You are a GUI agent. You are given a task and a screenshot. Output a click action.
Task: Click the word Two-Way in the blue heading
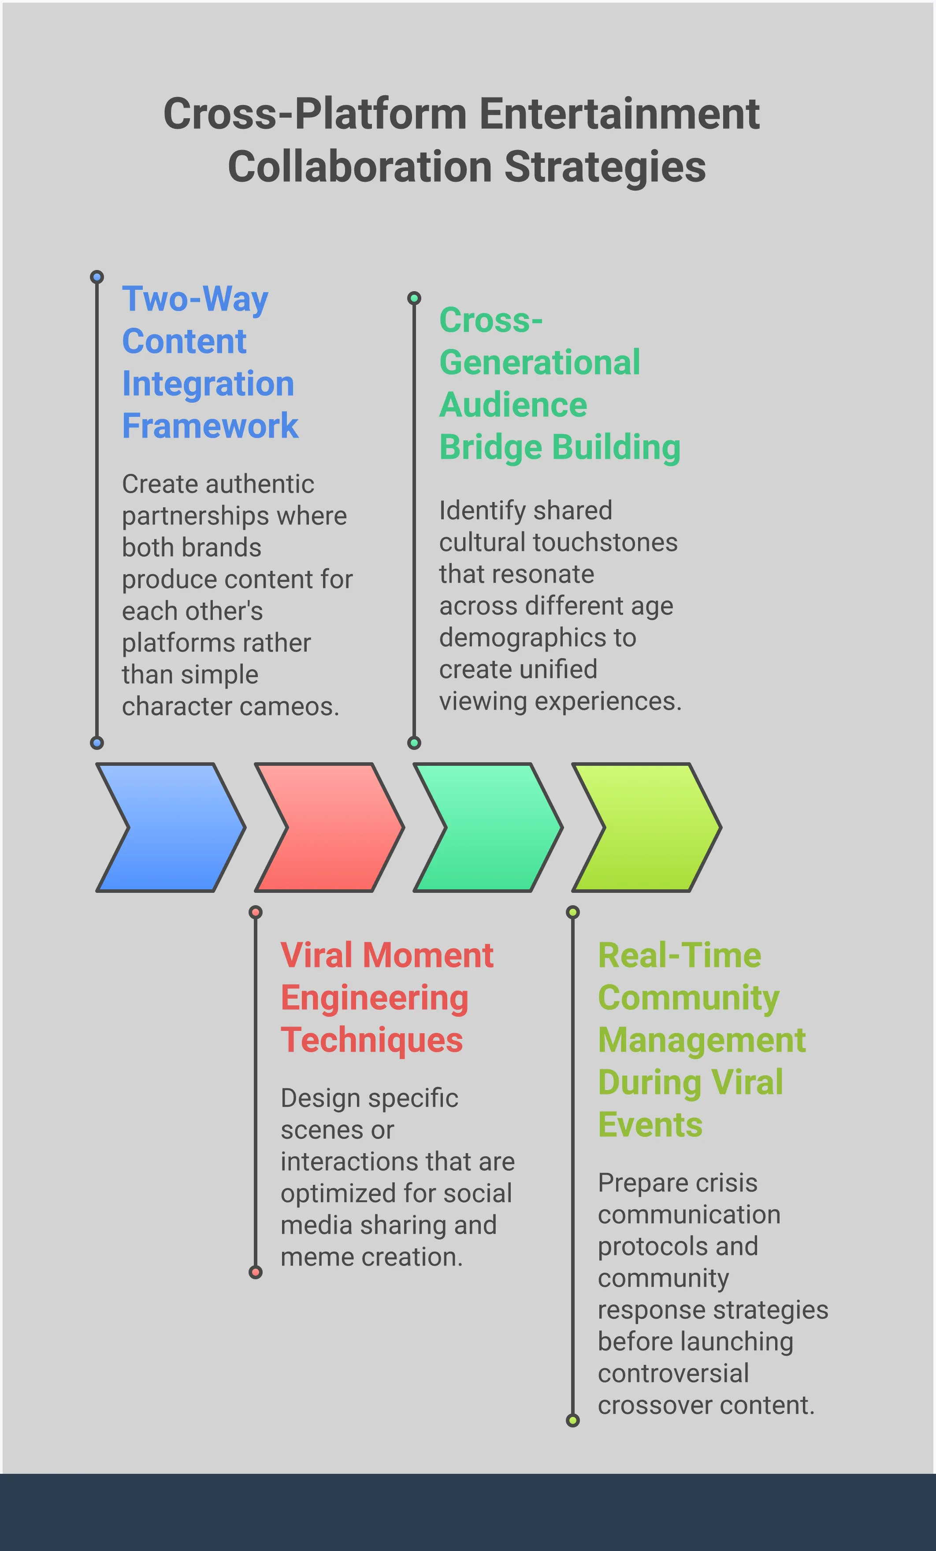pyautogui.click(x=195, y=299)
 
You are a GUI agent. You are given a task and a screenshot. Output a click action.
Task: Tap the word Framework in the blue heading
pyautogui.click(x=210, y=426)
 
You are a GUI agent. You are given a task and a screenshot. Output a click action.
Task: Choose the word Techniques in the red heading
pyautogui.click(x=372, y=1041)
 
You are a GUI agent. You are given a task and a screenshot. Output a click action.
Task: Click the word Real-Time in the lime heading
pyautogui.click(x=680, y=955)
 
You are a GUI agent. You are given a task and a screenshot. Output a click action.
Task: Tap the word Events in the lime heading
pyautogui.click(x=650, y=1125)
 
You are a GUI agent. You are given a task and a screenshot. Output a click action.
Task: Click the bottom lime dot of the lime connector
pyautogui.click(x=572, y=1421)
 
